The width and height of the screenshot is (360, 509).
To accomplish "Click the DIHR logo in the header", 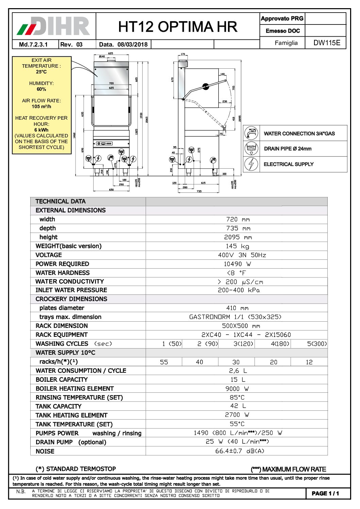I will [x=54, y=26].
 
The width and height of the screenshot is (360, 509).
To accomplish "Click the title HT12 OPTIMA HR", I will [x=178, y=27].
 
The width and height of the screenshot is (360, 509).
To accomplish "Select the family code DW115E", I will [x=326, y=43].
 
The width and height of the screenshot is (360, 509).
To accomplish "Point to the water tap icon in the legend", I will [x=251, y=133].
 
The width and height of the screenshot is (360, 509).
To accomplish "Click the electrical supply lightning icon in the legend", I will [x=251, y=164].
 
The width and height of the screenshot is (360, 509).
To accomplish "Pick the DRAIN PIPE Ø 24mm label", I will [x=288, y=149].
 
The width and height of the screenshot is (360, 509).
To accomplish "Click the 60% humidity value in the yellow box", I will [x=42, y=89].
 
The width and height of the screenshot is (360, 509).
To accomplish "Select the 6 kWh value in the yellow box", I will [x=42, y=130].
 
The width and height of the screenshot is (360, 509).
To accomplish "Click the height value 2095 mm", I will [x=238, y=237].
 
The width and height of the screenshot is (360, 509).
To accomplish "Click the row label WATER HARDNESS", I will [x=63, y=273].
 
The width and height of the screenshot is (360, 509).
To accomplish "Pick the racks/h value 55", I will [x=164, y=362].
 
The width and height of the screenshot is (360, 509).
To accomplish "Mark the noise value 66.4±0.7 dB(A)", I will [x=240, y=451].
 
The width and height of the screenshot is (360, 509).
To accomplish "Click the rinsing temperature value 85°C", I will [x=237, y=397].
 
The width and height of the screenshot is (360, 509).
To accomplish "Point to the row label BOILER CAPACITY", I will [x=62, y=379].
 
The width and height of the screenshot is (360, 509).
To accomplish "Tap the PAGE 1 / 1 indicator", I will [x=325, y=493].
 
